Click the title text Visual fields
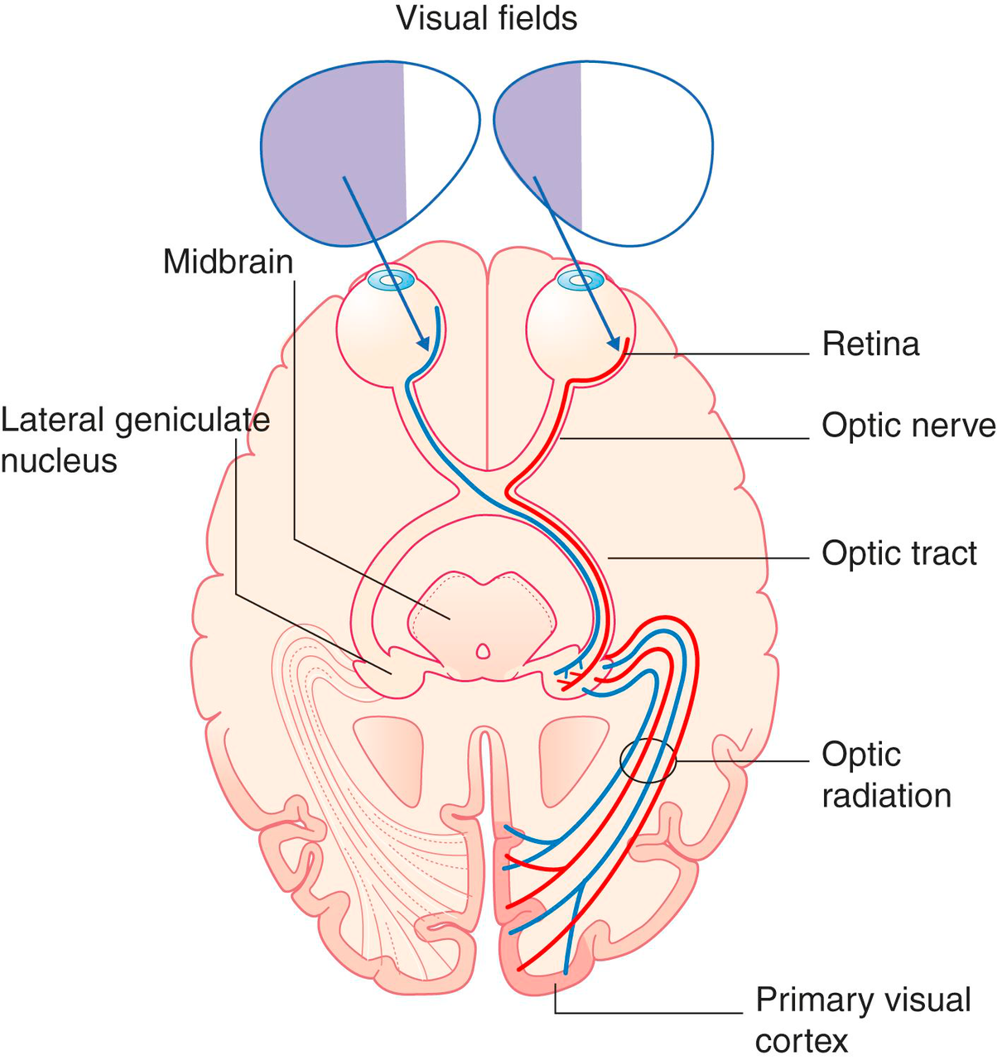(x=487, y=18)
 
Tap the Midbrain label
(x=228, y=262)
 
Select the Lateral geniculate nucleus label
(x=135, y=440)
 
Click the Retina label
(x=870, y=344)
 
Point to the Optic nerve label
(x=908, y=426)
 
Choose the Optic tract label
(x=899, y=553)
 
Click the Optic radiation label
(x=885, y=775)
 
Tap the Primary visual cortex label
(x=862, y=1019)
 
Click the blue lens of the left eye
(x=391, y=281)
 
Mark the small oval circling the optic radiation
(x=648, y=760)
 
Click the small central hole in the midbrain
(x=482, y=652)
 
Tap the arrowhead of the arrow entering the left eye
(x=423, y=344)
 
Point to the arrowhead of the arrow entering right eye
(x=614, y=343)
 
